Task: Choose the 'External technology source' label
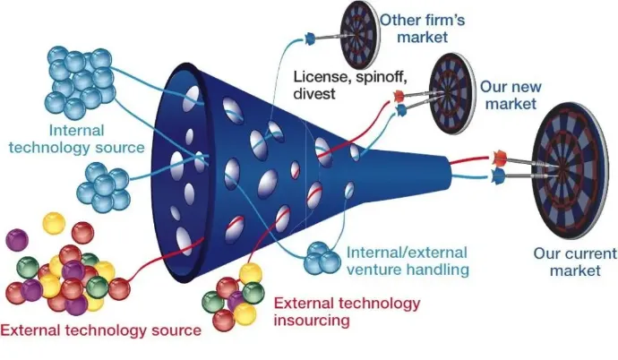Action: (x=100, y=330)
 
